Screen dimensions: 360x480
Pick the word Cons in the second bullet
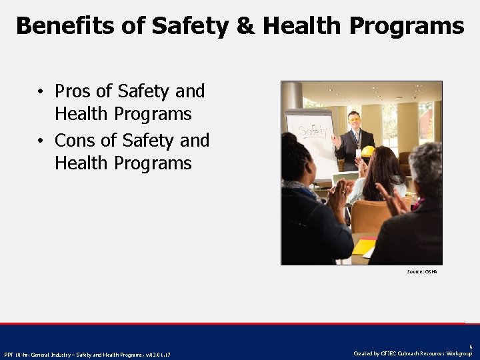pyautogui.click(x=75, y=141)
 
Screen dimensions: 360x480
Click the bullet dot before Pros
pyautogui.click(x=41, y=92)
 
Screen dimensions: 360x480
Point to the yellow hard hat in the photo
pyautogui.click(x=367, y=151)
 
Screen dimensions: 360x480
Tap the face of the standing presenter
pyautogui.click(x=354, y=121)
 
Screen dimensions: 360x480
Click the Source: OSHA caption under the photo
pyautogui.click(x=421, y=272)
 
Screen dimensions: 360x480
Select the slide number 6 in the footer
pyautogui.click(x=471, y=347)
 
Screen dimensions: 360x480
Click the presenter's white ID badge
pyautogui.click(x=358, y=153)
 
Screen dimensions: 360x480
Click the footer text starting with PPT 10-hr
pyautogui.click(x=87, y=354)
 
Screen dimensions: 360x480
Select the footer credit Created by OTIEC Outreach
pyautogui.click(x=413, y=353)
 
